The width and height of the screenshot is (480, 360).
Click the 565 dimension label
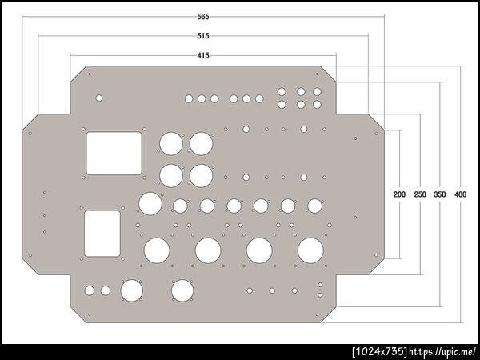[x=203, y=17]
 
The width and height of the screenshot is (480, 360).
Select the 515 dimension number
[x=203, y=36]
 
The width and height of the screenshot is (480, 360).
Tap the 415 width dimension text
[x=203, y=55]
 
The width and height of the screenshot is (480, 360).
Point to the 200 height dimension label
[x=399, y=194]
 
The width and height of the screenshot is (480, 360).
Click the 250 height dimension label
[x=420, y=194]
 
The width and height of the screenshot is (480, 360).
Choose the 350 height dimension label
[x=439, y=194]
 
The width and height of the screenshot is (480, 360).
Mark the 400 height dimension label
[x=460, y=194]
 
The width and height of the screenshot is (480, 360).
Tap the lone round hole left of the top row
[x=99, y=98]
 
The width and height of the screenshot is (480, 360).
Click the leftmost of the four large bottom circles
[x=157, y=250]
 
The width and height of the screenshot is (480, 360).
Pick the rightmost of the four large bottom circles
[x=310, y=250]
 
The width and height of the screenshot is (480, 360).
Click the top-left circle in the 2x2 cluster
[x=171, y=144]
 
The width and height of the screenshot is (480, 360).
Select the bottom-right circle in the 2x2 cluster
[x=201, y=176]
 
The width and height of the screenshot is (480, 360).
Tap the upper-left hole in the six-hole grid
[x=282, y=91]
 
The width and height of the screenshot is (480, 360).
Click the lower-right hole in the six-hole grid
[x=317, y=105]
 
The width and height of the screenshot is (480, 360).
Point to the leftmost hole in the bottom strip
[x=90, y=290]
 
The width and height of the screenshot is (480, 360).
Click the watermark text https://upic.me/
[x=442, y=351]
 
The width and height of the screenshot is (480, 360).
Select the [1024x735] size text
[x=380, y=351]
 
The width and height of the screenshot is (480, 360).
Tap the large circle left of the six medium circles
[x=150, y=204]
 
